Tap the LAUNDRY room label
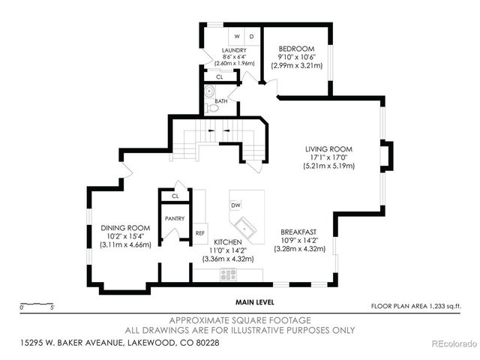(233, 50)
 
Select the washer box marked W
(236, 36)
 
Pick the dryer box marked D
(250, 36)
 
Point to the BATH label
(220, 100)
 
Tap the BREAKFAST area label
(298, 232)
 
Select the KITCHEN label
(227, 241)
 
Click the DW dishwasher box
(235, 205)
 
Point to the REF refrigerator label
(200, 232)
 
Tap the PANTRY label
(175, 218)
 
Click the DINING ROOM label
(126, 228)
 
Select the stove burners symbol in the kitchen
(229, 274)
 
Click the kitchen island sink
(245, 226)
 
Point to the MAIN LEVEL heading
(254, 301)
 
